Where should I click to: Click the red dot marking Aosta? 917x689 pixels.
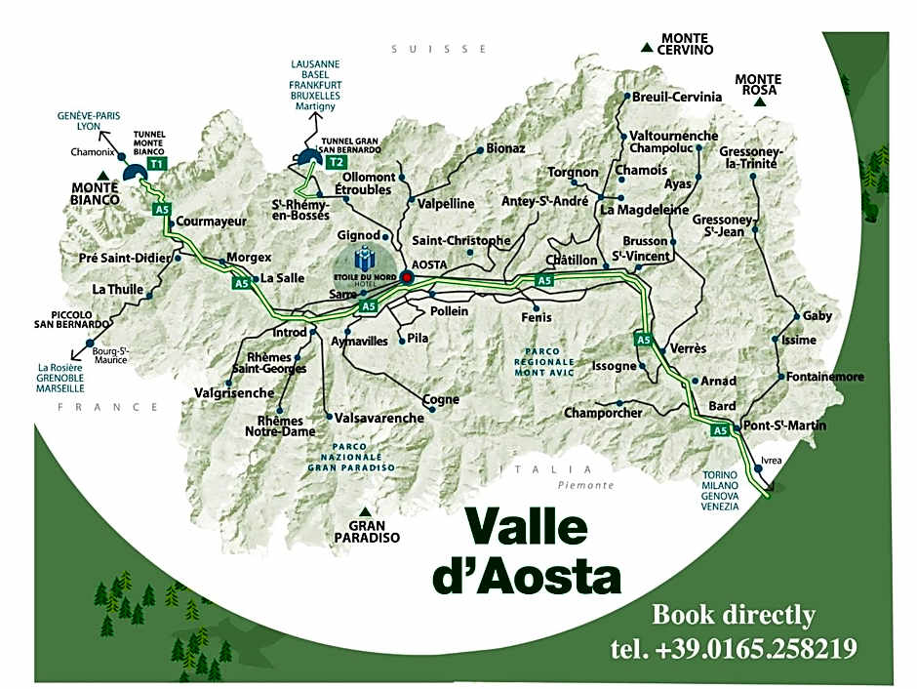tap(407, 277)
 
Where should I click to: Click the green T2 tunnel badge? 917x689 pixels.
tap(337, 161)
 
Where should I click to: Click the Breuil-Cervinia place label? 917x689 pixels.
tap(677, 97)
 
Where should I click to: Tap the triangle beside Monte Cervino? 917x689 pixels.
tap(646, 46)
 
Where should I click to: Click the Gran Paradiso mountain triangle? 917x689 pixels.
tap(365, 511)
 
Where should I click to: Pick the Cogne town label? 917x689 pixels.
tap(441, 399)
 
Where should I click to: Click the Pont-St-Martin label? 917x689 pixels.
tap(784, 426)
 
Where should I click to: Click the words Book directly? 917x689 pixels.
tap(733, 615)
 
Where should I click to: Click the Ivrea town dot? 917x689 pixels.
tap(758, 469)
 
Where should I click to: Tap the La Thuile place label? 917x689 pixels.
tap(118, 290)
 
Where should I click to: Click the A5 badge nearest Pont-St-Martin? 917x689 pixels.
tap(720, 430)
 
